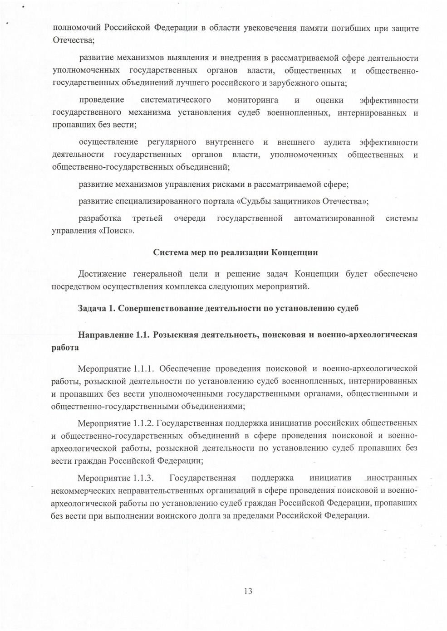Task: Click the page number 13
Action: tap(248, 591)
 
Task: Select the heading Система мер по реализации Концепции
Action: tap(235, 252)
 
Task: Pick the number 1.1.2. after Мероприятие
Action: tap(144, 423)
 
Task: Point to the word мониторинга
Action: tap(253, 100)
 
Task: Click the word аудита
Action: tap(337, 143)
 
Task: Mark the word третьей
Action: tap(147, 218)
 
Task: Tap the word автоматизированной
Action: tap(334, 218)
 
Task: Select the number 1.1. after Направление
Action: tap(142, 335)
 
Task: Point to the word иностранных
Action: tap(392, 478)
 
